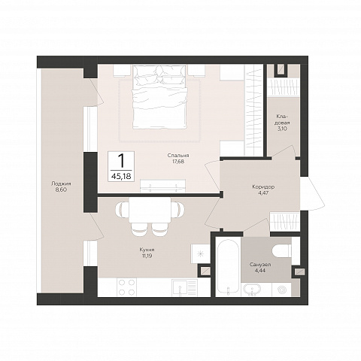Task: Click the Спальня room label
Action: pyautogui.click(x=178, y=156)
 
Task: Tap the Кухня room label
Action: pyautogui.click(x=147, y=250)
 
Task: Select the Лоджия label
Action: pyautogui.click(x=61, y=184)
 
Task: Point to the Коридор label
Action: pyautogui.click(x=263, y=187)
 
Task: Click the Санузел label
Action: pyautogui.click(x=260, y=265)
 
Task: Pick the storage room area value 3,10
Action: pyautogui.click(x=282, y=129)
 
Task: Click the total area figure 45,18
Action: pyautogui.click(x=121, y=176)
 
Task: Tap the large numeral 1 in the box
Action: pyautogui.click(x=121, y=160)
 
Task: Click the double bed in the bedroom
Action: pyautogui.click(x=159, y=97)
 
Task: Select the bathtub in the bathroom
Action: pyautogui.click(x=228, y=266)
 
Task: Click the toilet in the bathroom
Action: pyautogui.click(x=282, y=250)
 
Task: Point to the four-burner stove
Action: pyautogui.click(x=126, y=287)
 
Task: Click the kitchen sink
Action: pyautogui.click(x=184, y=288)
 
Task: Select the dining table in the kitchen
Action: pyautogui.click(x=150, y=210)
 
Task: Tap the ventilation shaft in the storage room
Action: pyautogui.click(x=281, y=70)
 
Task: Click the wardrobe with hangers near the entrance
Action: pyautogui.click(x=284, y=222)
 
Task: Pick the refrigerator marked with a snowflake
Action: pyautogui.click(x=200, y=253)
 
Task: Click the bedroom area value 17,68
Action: pyautogui.click(x=178, y=162)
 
